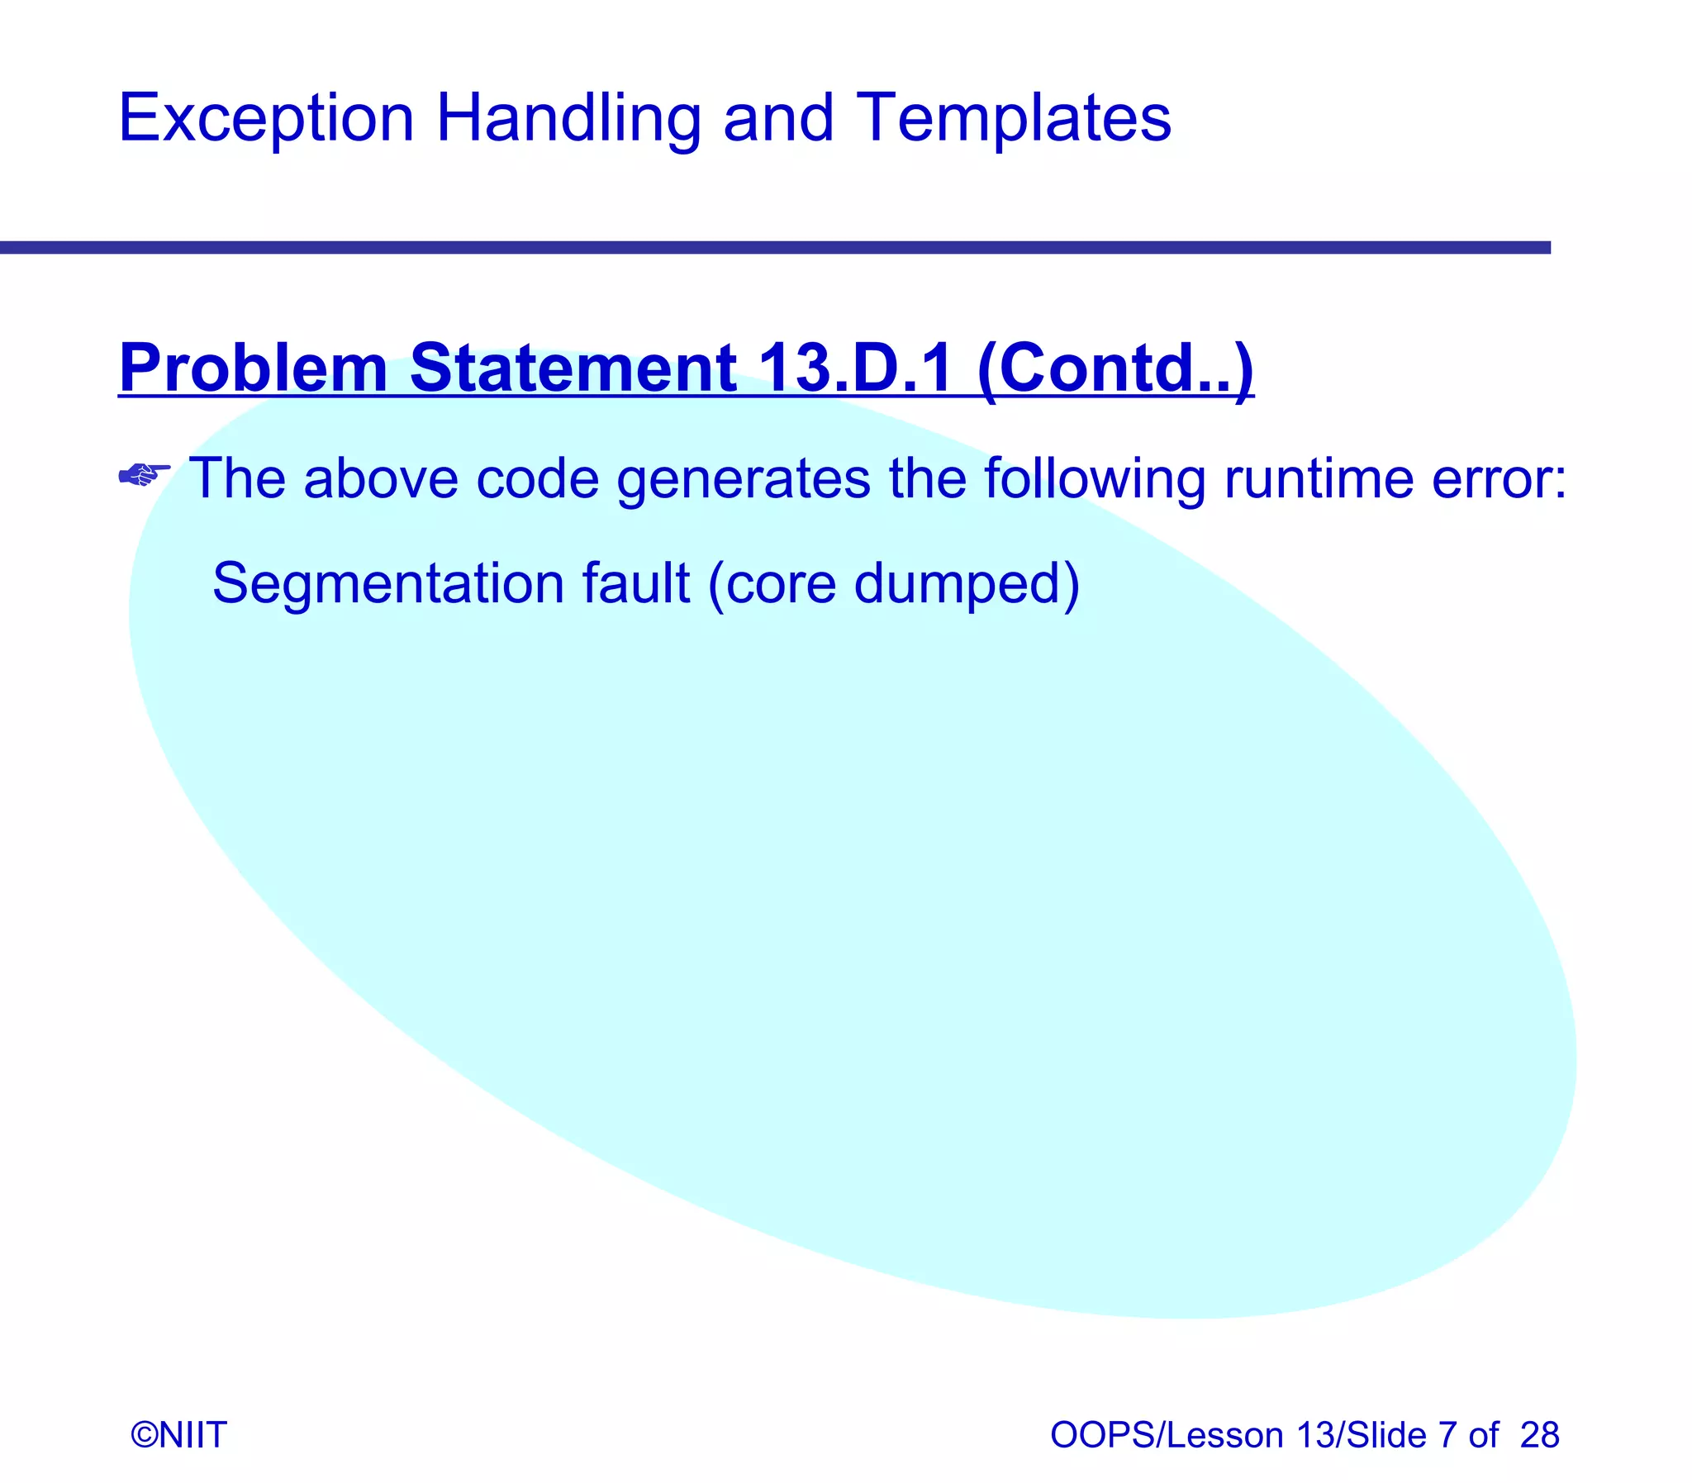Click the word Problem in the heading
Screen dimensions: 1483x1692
(253, 369)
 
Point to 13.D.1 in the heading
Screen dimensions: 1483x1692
(855, 368)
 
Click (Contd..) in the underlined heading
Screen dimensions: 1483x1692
(1115, 369)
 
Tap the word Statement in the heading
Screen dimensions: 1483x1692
(573, 368)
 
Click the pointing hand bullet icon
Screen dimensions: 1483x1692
(144, 475)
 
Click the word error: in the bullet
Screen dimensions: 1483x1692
(1499, 478)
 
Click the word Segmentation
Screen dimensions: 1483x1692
(388, 584)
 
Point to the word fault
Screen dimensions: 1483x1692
(635, 582)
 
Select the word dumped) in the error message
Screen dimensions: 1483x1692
(966, 584)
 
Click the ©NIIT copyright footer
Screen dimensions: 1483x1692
(178, 1434)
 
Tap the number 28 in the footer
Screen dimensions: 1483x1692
(1539, 1434)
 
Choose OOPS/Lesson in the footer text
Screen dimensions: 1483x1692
(1167, 1434)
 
